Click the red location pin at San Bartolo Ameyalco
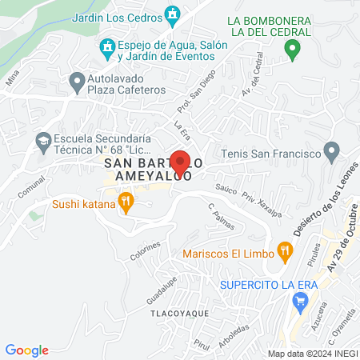[x=180, y=162]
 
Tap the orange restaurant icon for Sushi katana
[x=125, y=202]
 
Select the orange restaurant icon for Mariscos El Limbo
[x=284, y=253]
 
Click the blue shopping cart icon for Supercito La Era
[x=301, y=302]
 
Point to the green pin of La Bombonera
[x=293, y=51]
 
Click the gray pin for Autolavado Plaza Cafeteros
[x=78, y=81]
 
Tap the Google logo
[x=27, y=350]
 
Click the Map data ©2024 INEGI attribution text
[x=312, y=354]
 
